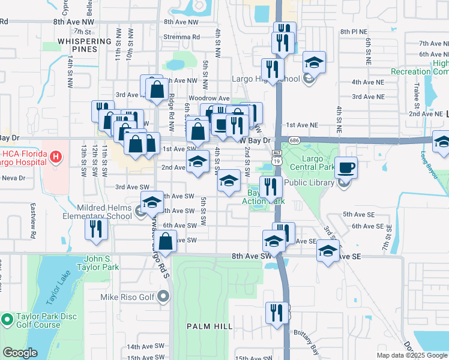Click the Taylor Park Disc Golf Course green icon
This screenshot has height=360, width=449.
[7, 320]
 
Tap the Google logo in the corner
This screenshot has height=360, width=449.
[20, 353]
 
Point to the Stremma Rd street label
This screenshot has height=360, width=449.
[182, 37]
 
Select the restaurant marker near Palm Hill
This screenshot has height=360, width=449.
[277, 314]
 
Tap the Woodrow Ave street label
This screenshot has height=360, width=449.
[209, 98]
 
